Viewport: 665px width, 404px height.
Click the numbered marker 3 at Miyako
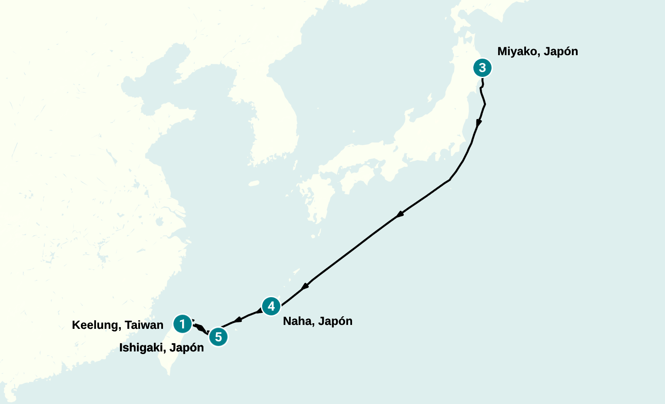(x=482, y=68)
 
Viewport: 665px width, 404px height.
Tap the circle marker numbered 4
(x=271, y=306)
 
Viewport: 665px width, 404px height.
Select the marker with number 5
(x=218, y=337)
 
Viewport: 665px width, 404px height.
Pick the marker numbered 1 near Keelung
(x=182, y=324)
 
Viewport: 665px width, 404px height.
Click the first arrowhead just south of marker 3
(x=479, y=123)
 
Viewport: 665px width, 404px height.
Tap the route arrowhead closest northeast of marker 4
(x=305, y=286)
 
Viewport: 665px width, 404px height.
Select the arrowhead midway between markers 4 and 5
(x=238, y=320)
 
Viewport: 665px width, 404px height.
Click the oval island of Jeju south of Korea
(x=254, y=183)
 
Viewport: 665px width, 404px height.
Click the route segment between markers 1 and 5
(x=200, y=328)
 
